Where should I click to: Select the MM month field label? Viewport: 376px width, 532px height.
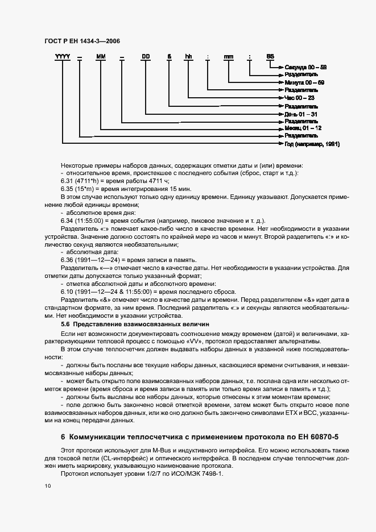tap(101, 56)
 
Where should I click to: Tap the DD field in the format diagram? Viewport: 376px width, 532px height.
tap(146, 56)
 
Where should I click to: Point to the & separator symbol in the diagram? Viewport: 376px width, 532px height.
tap(168, 56)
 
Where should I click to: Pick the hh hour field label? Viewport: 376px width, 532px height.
tap(188, 56)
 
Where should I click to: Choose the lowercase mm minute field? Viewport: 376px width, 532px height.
tap(228, 56)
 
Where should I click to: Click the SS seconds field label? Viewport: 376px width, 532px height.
tap(270, 56)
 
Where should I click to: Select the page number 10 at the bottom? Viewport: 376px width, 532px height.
tap(47, 485)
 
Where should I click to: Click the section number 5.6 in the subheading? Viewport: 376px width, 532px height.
tap(66, 323)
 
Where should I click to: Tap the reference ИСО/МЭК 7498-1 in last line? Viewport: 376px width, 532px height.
tap(201, 473)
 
